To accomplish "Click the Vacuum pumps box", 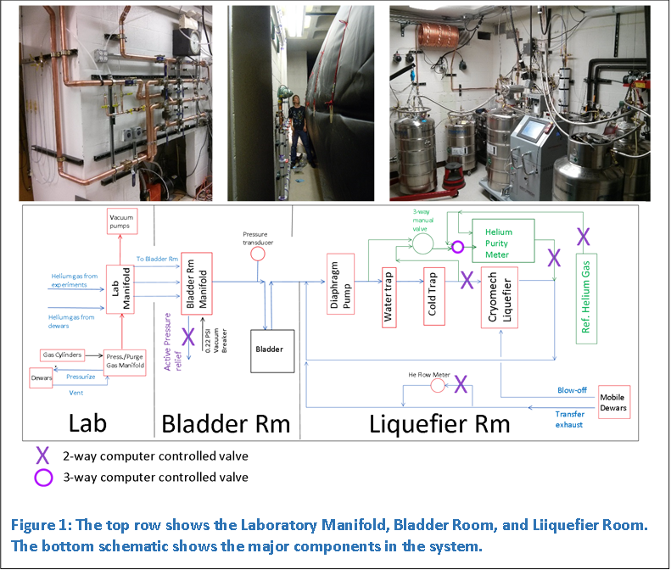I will [121, 222].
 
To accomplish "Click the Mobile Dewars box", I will [613, 402].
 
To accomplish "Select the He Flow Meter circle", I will [437, 386].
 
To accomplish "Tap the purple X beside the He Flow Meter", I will [460, 384].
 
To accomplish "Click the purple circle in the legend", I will [42, 477].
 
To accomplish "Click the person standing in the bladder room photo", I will [297, 134].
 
